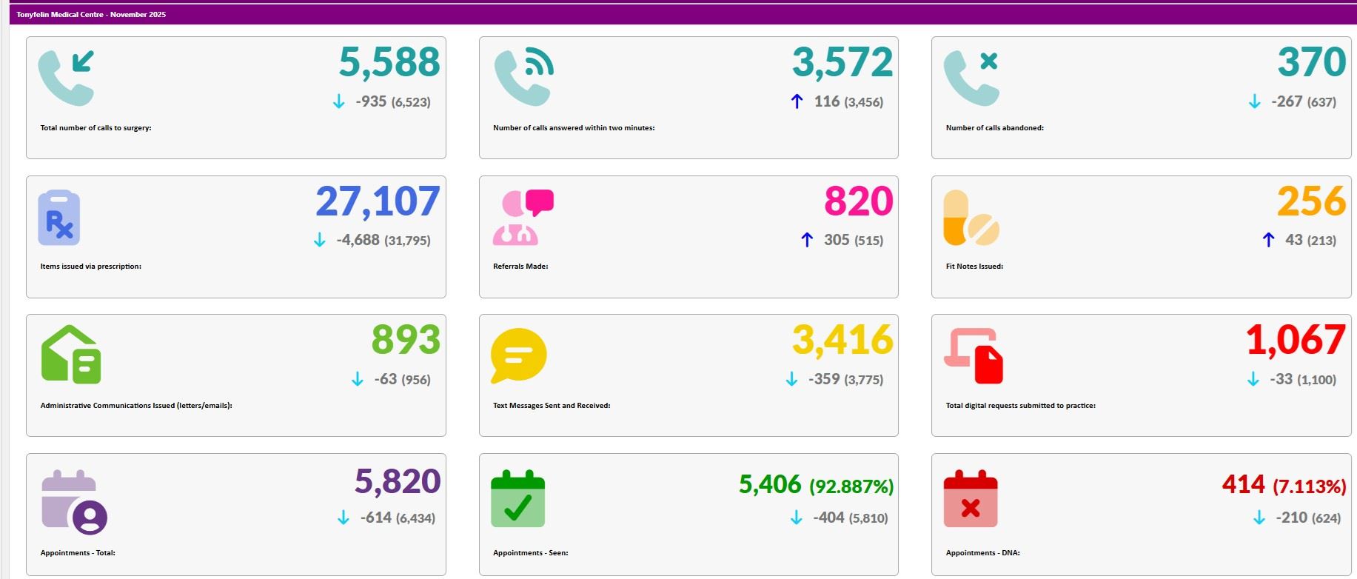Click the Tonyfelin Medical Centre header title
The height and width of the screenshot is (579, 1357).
point(91,14)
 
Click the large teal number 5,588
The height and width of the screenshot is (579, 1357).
point(389,62)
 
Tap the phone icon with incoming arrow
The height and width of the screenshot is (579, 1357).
point(66,78)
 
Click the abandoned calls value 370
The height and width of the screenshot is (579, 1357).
point(1311,62)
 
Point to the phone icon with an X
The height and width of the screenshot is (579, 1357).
point(971,78)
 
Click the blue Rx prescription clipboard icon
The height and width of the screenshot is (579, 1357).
point(59,218)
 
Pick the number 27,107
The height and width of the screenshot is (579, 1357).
point(378,201)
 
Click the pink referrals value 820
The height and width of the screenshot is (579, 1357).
point(858,201)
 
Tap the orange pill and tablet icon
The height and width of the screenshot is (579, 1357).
point(971,218)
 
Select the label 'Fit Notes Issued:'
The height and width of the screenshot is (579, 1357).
point(974,267)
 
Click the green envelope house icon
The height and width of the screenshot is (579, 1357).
point(70,355)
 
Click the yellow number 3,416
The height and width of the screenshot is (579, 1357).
point(842,340)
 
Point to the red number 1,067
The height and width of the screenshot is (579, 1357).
point(1295,340)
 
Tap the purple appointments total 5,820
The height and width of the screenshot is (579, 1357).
point(398,481)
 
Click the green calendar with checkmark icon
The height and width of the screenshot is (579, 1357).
point(517,498)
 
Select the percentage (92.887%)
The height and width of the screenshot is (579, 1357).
point(851,486)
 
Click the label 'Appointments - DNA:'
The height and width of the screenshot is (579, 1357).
point(982,553)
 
